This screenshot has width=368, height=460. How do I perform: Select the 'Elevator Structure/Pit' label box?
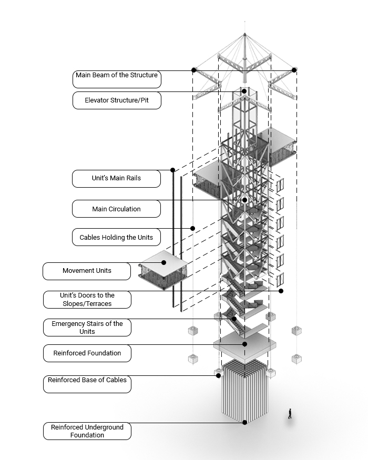[117, 100]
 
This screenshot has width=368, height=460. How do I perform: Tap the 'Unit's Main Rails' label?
[117, 178]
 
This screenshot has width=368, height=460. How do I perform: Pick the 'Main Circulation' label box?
[117, 209]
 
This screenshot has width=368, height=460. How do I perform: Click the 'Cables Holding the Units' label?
[117, 237]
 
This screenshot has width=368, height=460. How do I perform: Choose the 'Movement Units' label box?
[87, 271]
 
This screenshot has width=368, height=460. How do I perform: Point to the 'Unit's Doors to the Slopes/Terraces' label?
[87, 300]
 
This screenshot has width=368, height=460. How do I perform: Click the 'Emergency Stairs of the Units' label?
[87, 328]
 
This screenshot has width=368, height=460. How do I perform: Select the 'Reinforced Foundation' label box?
[87, 353]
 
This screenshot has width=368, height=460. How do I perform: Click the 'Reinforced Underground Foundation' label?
[87, 431]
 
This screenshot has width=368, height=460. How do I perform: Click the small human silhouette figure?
[290, 414]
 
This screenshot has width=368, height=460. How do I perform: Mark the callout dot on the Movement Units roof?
[164, 262]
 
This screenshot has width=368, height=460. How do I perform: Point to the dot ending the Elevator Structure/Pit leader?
[244, 91]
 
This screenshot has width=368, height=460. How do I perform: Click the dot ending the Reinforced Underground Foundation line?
[245, 422]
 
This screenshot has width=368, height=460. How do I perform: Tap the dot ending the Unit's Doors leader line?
[281, 291]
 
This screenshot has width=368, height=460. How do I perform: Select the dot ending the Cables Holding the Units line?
[193, 228]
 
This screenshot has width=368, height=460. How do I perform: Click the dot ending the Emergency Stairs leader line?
[234, 319]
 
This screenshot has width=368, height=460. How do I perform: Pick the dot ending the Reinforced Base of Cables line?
[218, 375]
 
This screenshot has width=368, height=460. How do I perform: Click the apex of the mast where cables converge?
[245, 34]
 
